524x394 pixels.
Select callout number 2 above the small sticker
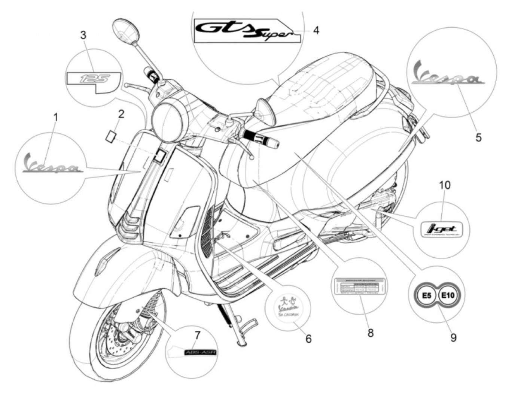pyautogui.click(x=121, y=114)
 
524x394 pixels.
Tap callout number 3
pyautogui.click(x=83, y=35)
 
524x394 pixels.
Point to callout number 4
pyautogui.click(x=316, y=30)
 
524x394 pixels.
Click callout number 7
pyautogui.click(x=197, y=334)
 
